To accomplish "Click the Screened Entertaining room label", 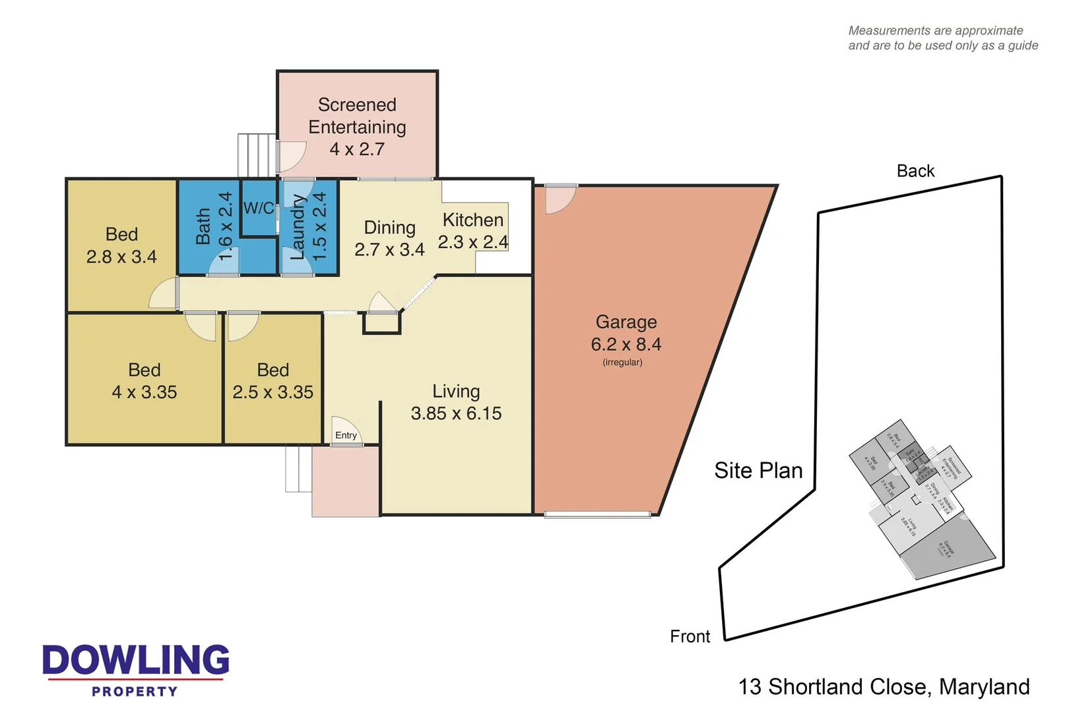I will [x=357, y=117].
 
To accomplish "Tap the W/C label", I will [x=259, y=209].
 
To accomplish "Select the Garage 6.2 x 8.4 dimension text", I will [x=626, y=344].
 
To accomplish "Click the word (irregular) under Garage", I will [x=622, y=362].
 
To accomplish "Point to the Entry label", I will [x=346, y=435].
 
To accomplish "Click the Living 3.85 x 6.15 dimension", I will [x=456, y=413].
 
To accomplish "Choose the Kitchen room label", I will [x=472, y=220].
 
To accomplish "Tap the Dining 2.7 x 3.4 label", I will [x=389, y=238].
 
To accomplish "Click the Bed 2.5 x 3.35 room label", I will [x=273, y=381].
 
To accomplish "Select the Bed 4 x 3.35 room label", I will [x=145, y=381].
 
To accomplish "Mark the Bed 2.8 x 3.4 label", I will [x=121, y=246].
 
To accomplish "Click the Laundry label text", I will [x=298, y=226].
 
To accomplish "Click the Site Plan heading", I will [x=758, y=471].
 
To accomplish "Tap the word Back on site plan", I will [x=915, y=171].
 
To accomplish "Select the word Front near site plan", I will [x=690, y=636].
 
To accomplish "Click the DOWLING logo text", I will [x=136, y=660].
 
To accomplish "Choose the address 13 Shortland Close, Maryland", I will [x=884, y=687].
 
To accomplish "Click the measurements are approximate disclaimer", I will [x=942, y=38].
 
